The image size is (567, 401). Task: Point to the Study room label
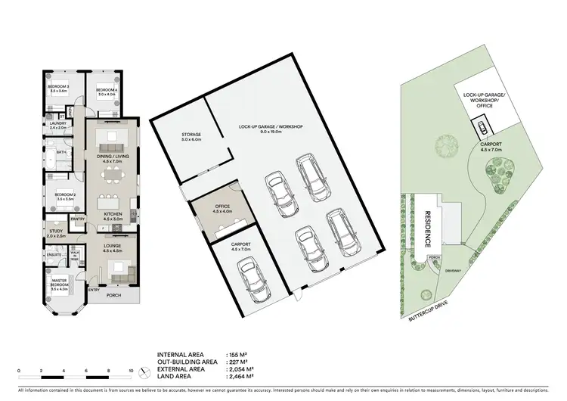56,232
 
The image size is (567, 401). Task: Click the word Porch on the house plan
113,295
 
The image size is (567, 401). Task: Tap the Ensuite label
54,255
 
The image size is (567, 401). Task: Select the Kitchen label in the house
113,214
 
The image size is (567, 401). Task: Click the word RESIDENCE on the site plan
426,230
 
